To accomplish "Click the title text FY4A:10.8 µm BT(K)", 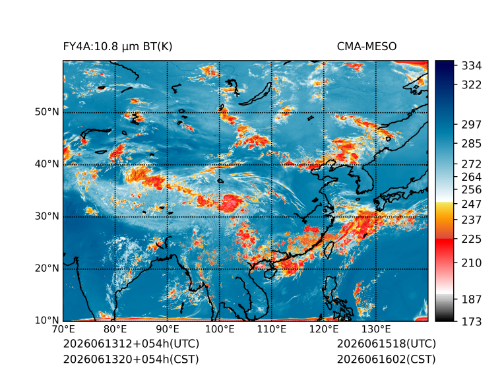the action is coord(117,47).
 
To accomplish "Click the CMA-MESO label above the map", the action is coord(367,47).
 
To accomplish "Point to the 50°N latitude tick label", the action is coord(47,112).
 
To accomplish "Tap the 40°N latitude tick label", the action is coord(47,164).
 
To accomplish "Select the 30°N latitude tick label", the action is coord(47,216).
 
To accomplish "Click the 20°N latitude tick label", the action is coord(47,268).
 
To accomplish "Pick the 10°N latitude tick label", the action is coord(47,320).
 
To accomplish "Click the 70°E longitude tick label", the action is coord(63,329).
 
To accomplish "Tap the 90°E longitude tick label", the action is coord(167,329).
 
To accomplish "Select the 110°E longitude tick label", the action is coord(272,329).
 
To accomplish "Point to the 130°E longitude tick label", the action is coord(376,329).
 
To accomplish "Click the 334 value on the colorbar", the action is coord(472,66).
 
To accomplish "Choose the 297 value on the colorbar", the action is coord(472,125).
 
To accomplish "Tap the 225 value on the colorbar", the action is coord(472,239).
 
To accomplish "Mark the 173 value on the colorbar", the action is coord(472,321).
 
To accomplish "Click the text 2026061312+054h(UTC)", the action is coord(131,344).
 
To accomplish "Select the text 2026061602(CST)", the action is coord(387,360).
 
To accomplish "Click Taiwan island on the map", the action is coord(328,250).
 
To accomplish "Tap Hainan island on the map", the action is coord(270,273).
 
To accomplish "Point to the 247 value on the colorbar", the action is coord(472,204).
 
